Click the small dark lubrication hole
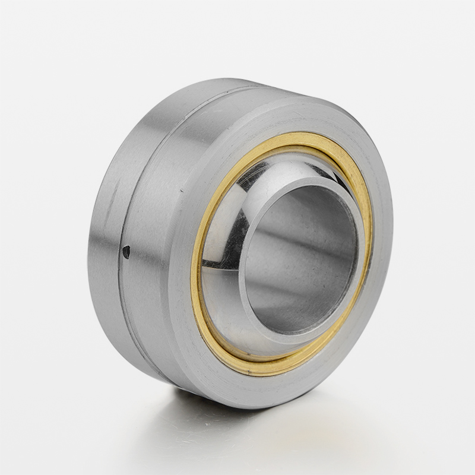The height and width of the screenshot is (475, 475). [126, 252]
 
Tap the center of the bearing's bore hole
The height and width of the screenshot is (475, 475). [300, 258]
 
